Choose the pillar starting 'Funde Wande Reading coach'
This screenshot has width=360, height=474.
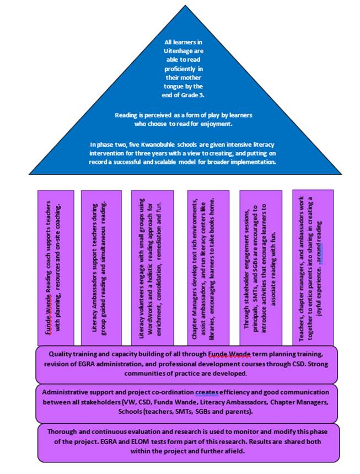point(56,268)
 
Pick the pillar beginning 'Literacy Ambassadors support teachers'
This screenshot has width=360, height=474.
point(101,268)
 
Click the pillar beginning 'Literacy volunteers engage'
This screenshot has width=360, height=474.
point(152,268)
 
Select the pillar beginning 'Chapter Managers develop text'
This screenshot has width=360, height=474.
point(208,268)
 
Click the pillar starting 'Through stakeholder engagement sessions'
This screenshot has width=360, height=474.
point(261,268)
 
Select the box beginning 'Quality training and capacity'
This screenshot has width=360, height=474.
point(186,364)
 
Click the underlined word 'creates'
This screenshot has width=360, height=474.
point(207,392)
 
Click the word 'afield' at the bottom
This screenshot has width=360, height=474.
point(234,451)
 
